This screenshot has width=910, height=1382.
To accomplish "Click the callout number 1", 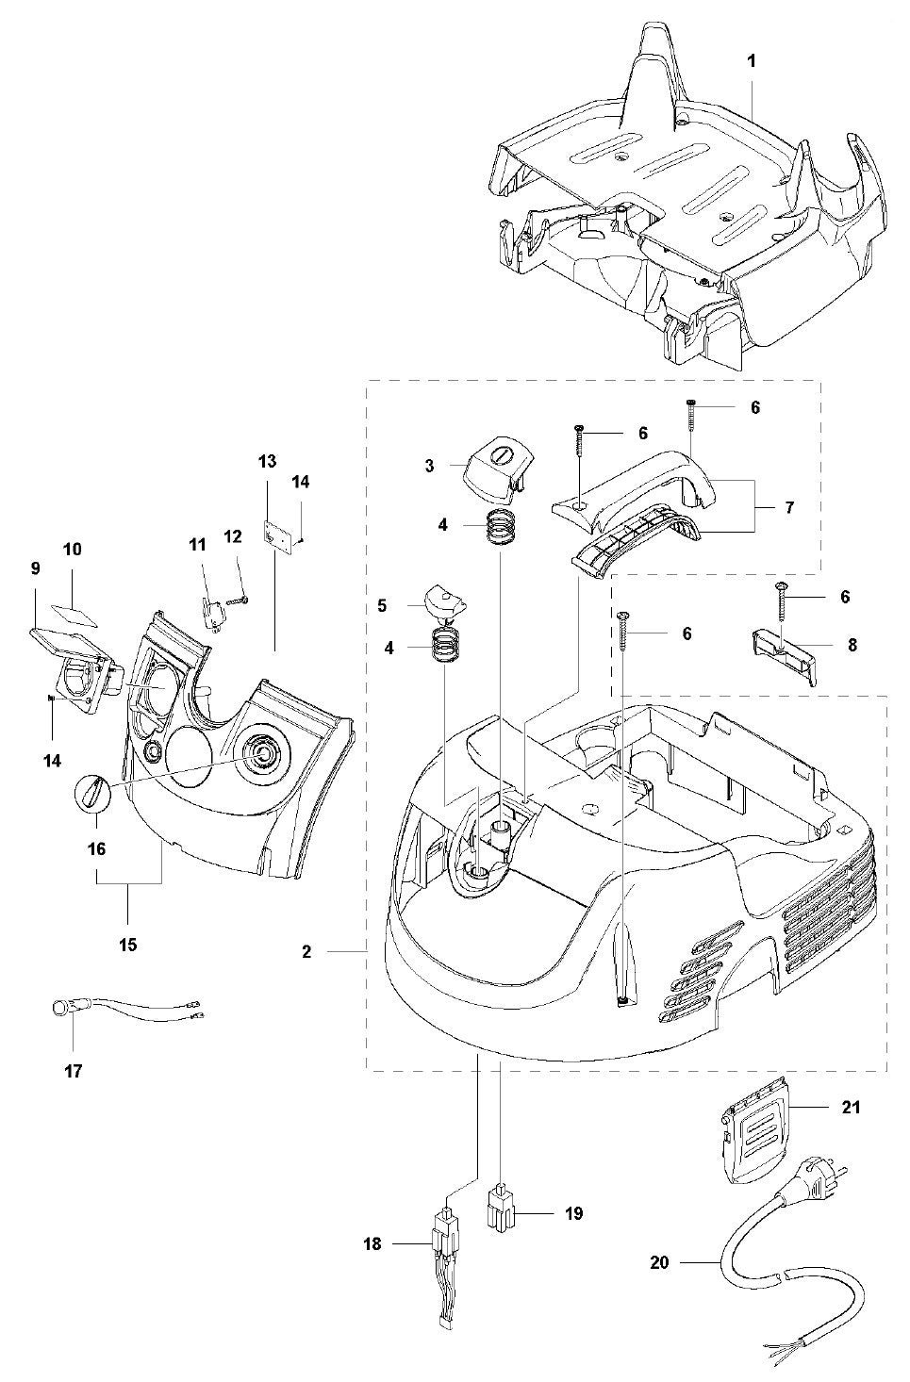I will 752,59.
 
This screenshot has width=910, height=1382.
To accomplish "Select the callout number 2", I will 306,952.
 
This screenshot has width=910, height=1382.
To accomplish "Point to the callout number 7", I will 787,507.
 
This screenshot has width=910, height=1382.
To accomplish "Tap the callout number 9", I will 35,568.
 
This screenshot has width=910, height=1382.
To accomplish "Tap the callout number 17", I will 74,1070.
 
